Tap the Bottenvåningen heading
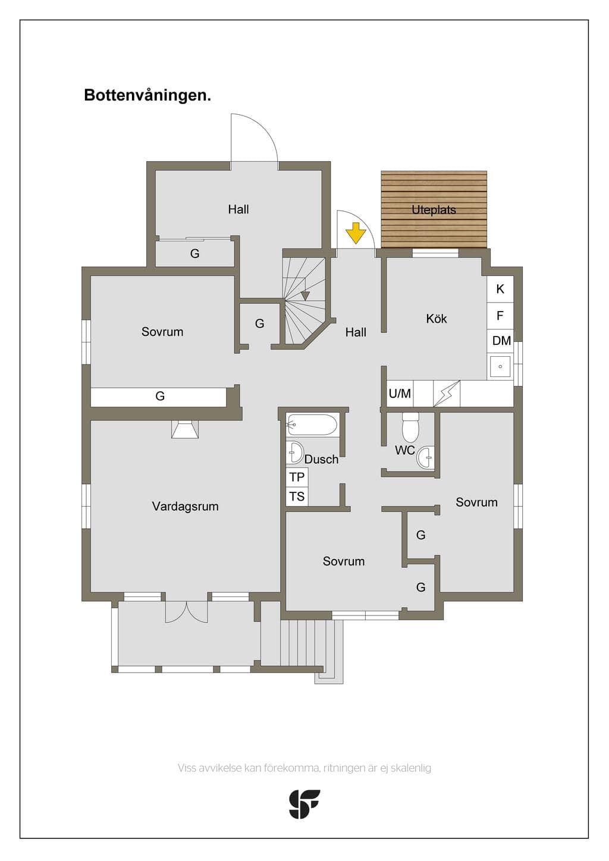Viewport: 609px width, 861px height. (147, 95)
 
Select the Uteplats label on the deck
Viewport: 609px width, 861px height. (434, 210)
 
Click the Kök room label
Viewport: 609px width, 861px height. (437, 318)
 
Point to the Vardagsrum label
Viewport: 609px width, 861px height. (186, 506)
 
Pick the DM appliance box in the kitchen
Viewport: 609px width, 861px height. (500, 340)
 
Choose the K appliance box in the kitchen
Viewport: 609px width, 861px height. (500, 289)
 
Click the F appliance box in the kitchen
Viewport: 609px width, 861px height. (500, 316)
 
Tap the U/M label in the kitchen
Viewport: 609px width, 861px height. (400, 394)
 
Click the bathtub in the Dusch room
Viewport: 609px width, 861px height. (312, 425)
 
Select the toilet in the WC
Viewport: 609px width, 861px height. (410, 428)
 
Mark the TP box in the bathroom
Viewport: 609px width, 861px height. (297, 477)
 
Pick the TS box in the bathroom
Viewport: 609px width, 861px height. (297, 497)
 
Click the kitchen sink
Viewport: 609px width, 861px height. (500, 366)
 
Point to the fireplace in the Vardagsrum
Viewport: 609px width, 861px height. (185, 429)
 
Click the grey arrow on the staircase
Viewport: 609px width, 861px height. (305, 296)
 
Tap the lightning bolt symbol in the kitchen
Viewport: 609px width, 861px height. (447, 393)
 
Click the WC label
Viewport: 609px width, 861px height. (404, 450)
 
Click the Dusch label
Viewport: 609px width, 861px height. (321, 459)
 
